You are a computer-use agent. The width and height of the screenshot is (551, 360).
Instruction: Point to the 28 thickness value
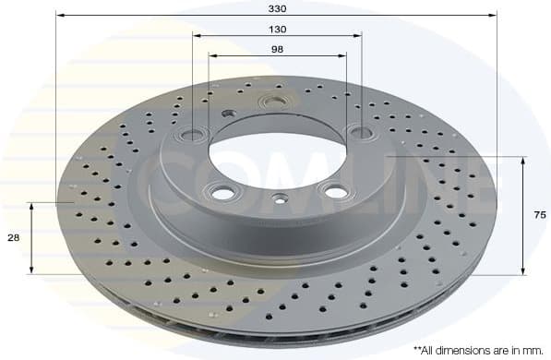[13, 238]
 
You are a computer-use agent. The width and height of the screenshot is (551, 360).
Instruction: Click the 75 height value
[540, 215]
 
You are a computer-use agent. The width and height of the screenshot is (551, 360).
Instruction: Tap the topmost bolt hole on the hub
[274, 101]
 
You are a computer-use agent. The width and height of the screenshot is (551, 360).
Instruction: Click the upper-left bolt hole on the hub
[195, 131]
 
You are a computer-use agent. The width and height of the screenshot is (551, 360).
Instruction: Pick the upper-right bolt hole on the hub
[363, 133]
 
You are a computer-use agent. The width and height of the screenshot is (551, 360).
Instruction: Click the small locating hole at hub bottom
[279, 196]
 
